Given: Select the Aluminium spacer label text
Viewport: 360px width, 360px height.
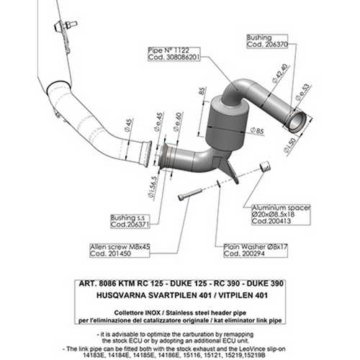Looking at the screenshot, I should pos(282,207).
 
